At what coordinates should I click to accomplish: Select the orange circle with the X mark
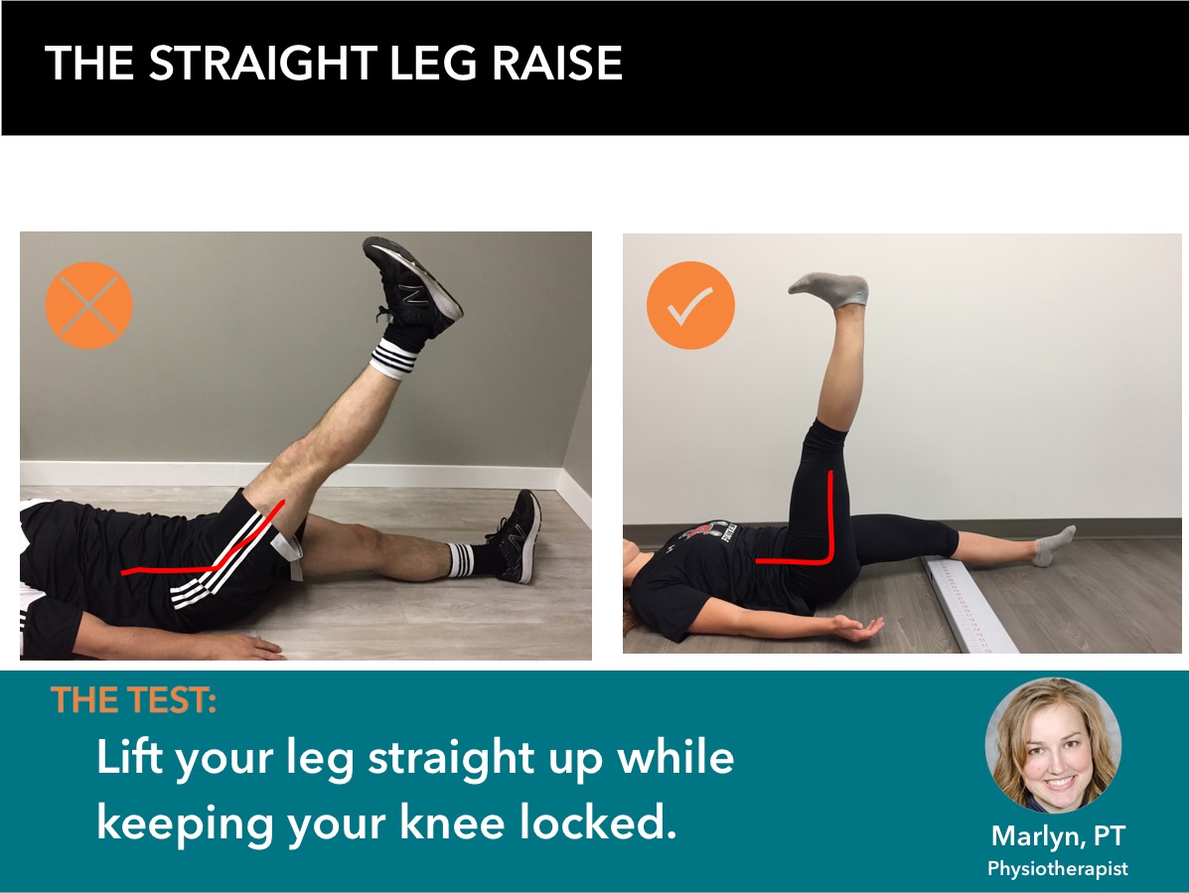pos(89,305)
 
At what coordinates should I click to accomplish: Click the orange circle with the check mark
pos(690,306)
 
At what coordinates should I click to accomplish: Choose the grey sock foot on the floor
pos(1054,545)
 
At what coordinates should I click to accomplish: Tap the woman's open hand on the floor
pos(857,628)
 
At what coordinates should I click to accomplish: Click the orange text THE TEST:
pos(134,701)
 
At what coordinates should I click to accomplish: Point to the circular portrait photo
pos(1053,745)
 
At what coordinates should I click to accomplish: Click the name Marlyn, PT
pos(1057,835)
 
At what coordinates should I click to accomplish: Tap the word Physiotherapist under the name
pos(1057,868)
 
